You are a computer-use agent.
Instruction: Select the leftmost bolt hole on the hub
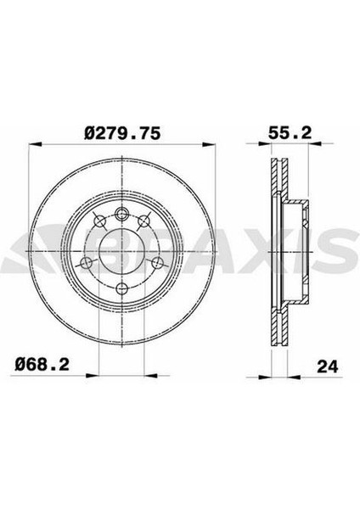85,262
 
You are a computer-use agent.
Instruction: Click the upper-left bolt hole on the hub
98,222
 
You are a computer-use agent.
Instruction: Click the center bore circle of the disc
121,249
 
